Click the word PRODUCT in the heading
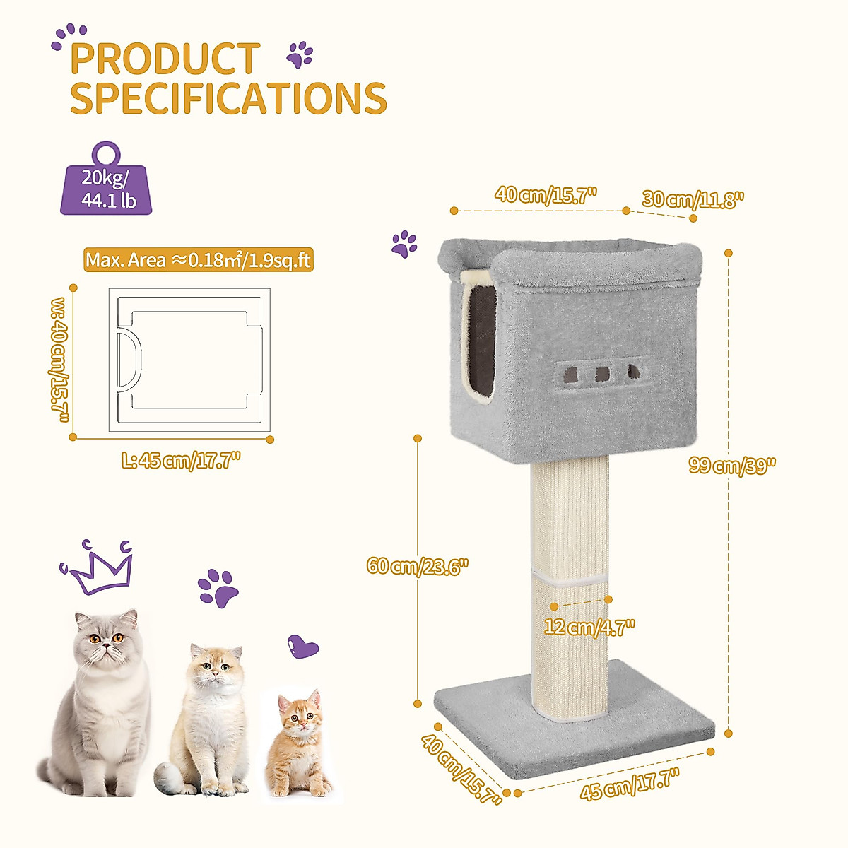tap(165, 59)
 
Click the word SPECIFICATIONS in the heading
tap(228, 98)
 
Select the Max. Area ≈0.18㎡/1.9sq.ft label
tap(198, 260)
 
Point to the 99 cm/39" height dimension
tap(733, 466)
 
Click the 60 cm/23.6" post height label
tap(418, 567)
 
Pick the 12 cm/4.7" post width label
tap(590, 626)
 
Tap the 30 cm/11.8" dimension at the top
tap(693, 200)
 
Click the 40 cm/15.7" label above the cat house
tap(546, 194)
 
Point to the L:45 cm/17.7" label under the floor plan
tap(182, 461)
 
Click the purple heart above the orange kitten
tap(303, 646)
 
